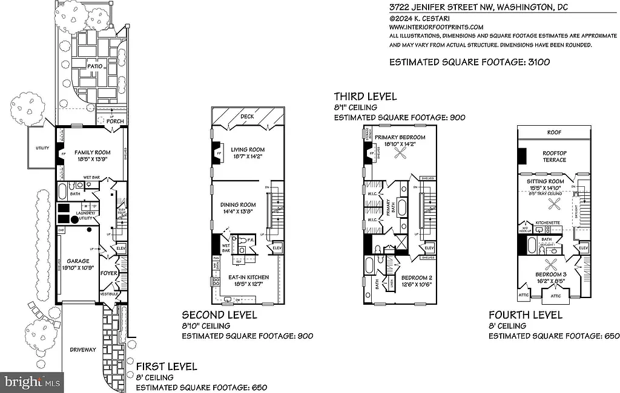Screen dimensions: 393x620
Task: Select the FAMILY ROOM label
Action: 91,152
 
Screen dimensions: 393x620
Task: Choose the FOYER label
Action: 108,273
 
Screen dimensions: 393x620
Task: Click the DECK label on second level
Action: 247,116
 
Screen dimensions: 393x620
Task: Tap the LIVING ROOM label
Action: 248,149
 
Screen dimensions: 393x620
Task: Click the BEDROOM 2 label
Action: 417,278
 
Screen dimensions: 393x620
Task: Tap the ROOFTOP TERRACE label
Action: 554,156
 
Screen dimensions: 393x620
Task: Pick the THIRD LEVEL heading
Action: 366,96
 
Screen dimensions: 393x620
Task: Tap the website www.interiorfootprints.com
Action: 436,27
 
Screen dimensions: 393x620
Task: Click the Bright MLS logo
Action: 31,382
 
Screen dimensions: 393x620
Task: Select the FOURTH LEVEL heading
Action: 526,314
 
